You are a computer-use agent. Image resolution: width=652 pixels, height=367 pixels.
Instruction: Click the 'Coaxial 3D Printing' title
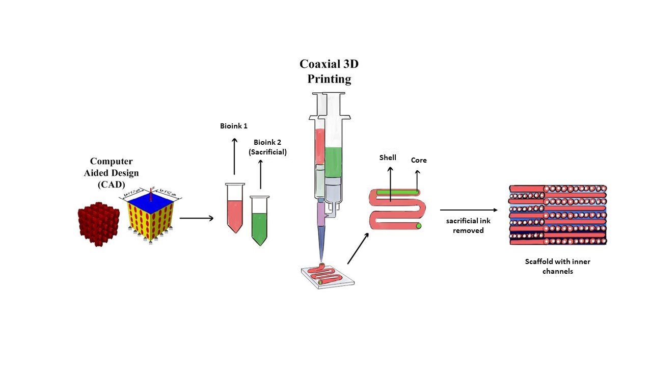point(329,72)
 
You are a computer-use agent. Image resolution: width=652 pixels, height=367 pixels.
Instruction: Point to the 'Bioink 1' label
point(234,126)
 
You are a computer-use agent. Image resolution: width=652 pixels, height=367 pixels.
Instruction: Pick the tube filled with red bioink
point(234,212)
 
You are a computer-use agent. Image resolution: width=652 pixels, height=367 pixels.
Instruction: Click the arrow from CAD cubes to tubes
point(196,218)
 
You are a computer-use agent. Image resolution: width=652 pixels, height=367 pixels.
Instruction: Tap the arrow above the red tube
point(234,155)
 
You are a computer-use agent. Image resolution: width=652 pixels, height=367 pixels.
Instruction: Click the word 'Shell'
point(388,158)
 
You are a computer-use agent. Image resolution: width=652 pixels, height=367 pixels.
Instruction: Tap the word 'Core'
point(419,160)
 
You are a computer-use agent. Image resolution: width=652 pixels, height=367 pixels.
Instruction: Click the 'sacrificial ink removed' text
point(468,226)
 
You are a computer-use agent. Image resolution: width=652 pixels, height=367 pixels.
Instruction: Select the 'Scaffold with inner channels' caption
point(557,266)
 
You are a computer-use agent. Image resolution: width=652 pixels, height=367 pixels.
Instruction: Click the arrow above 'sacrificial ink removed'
point(468,210)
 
